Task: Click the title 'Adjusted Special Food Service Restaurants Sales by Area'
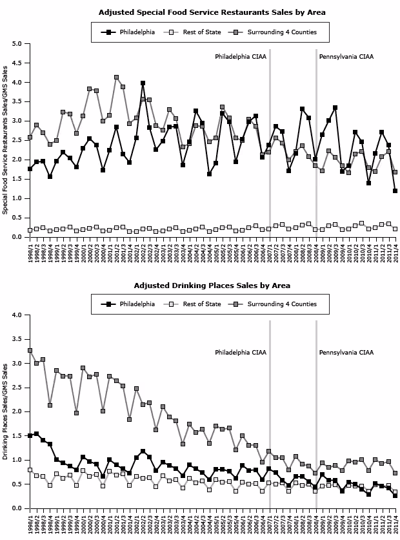pyautogui.click(x=212, y=12)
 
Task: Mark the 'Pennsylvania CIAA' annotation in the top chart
pyautogui.click(x=346, y=57)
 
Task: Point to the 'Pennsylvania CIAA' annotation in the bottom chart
pyautogui.click(x=346, y=353)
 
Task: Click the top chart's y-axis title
pyautogui.click(x=6, y=140)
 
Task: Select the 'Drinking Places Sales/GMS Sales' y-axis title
pyautogui.click(x=6, y=411)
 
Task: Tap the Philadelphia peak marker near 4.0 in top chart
pyautogui.click(x=143, y=83)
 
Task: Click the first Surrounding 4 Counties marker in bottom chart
pyautogui.click(x=30, y=351)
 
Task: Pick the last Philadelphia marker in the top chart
pyautogui.click(x=395, y=191)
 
